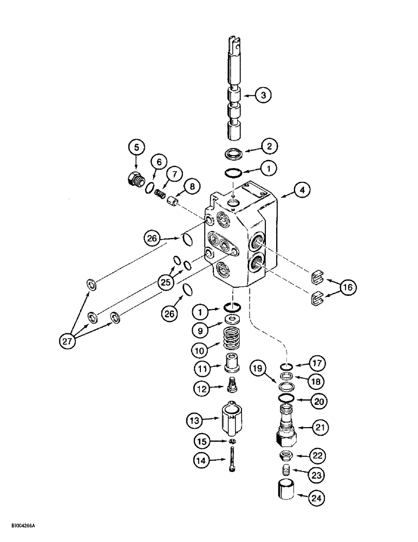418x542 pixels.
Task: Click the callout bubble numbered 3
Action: pos(263,96)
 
